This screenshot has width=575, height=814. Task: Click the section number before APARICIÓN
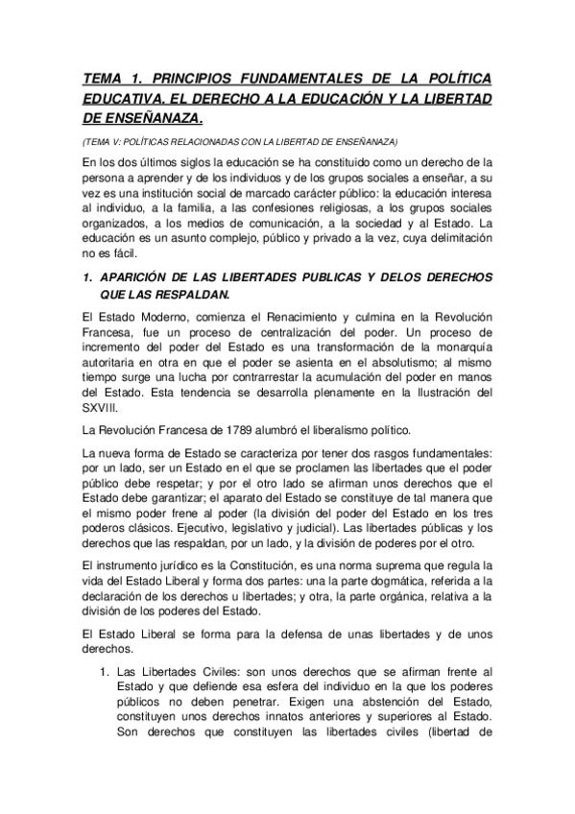click(x=86, y=277)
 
